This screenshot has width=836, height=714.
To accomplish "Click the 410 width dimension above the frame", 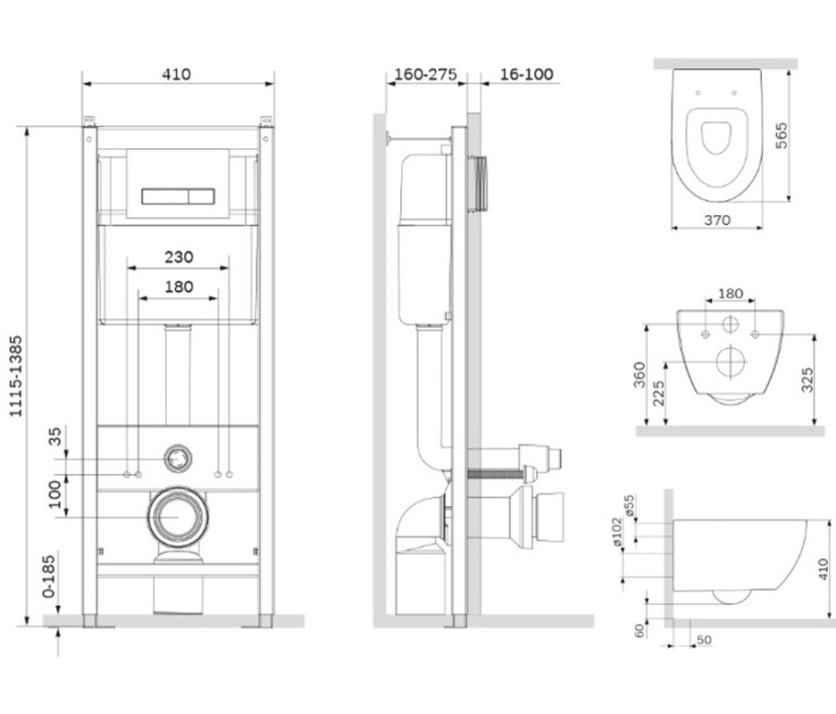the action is [x=177, y=74].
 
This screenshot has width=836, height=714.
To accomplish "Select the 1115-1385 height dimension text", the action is [x=16, y=376].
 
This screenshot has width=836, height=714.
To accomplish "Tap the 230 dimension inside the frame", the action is [x=179, y=257].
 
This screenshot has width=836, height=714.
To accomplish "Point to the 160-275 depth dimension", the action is [x=425, y=74].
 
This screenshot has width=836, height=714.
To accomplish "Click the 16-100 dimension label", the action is [x=526, y=74].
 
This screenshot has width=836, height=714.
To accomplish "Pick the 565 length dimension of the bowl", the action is [x=781, y=136].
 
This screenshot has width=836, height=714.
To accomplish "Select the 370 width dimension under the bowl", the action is [x=717, y=220].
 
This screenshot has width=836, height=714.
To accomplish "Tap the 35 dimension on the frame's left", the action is [x=54, y=436].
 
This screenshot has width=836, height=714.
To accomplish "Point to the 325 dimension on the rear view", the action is [x=807, y=380].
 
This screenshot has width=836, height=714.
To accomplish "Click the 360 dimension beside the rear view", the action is [x=640, y=375].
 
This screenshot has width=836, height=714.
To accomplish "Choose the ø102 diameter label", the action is [x=617, y=532].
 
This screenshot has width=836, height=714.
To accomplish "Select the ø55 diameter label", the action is [x=630, y=505].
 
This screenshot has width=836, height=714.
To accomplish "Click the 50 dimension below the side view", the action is [x=705, y=640].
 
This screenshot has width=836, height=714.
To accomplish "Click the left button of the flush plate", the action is [x=166, y=196].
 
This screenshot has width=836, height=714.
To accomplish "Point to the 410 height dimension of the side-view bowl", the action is [x=823, y=569].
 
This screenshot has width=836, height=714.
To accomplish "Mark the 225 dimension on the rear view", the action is [x=659, y=394].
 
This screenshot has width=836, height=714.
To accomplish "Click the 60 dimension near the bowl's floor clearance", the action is [x=640, y=631].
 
